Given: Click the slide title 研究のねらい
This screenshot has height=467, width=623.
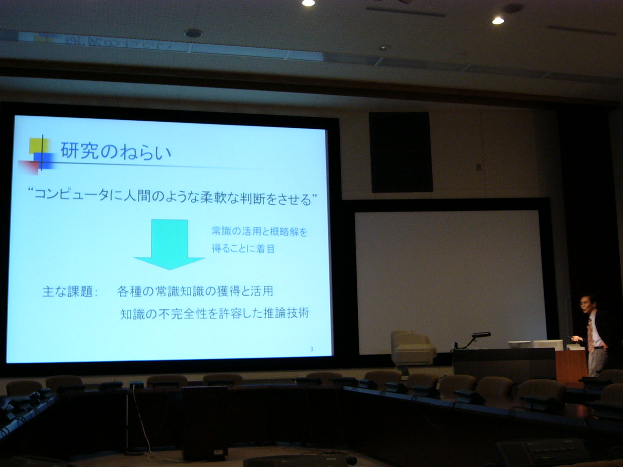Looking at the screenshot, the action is tap(115, 152).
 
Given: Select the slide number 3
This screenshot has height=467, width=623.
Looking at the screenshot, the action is tap(311, 349).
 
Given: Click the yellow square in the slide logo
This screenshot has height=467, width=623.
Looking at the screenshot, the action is tap(38, 146).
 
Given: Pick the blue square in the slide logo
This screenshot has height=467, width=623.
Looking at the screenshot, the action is tap(43, 161).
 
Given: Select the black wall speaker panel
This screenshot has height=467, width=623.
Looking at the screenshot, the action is tap(401, 152).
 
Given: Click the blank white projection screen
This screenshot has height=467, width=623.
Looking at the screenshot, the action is tap(450, 282).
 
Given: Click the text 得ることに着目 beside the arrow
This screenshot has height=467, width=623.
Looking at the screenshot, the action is tap(243, 249).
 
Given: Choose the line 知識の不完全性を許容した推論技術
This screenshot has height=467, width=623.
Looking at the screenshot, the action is tap(215, 314).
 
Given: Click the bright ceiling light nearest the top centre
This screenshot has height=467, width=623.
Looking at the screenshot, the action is tap(308, 3).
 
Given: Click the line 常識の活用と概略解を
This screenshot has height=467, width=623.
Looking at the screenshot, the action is tap(259, 232).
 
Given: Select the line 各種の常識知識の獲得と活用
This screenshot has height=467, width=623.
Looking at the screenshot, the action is tap(195, 291).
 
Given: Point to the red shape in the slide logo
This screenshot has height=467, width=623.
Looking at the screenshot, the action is tap(28, 167).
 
